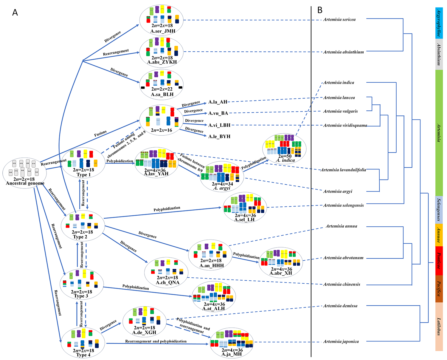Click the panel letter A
coord(15,13)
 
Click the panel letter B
coord(320,10)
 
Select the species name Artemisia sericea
coord(339,20)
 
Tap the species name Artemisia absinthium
coord(343,52)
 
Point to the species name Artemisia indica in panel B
coord(339,83)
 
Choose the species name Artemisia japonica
coord(341,342)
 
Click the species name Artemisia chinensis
coord(342,284)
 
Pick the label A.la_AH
coord(218,102)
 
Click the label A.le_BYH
coord(219,136)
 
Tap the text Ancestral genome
coord(25,183)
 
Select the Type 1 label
coord(83,175)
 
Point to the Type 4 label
coord(83,355)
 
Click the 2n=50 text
coord(285,156)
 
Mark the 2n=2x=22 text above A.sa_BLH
coord(162,89)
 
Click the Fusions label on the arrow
coord(100,134)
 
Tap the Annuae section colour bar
coord(439,235)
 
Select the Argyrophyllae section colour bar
coord(439,23)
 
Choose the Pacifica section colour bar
coord(439,289)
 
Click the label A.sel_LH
coord(244,220)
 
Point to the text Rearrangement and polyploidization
coord(156,341)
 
